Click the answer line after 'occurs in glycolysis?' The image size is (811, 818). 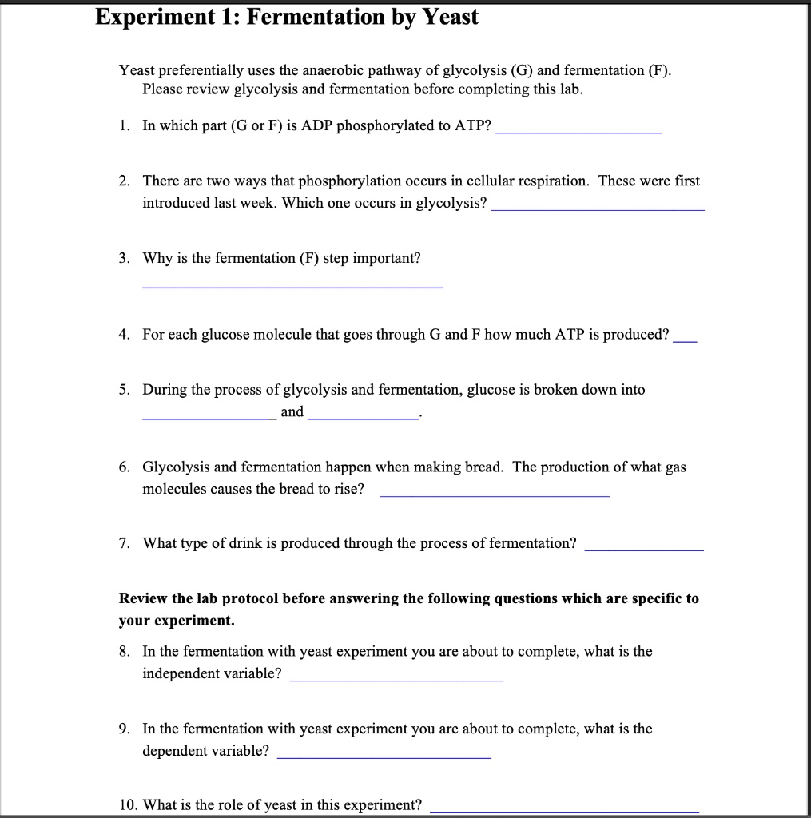coord(598,208)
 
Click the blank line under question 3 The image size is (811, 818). coord(292,286)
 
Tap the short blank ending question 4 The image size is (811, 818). coord(686,340)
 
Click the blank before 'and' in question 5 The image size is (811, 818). coord(209,418)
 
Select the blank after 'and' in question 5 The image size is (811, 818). coord(362,418)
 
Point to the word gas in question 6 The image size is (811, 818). coord(675,467)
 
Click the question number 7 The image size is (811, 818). coord(124,543)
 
